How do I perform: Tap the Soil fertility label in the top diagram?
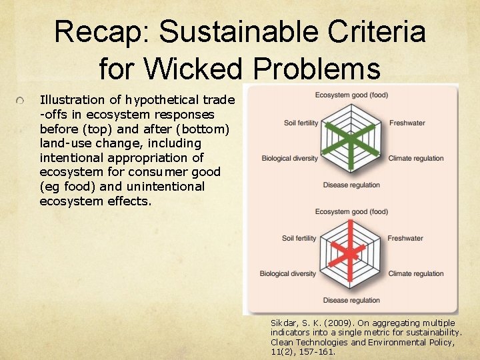pos(300,123)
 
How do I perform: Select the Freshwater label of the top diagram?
pos(407,123)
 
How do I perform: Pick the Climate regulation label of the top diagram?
pos(415,158)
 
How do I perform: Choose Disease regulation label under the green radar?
pos(351,185)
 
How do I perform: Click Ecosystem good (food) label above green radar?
pos(351,95)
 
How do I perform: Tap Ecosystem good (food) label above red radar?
pos(351,211)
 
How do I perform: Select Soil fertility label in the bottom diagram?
pos(300,238)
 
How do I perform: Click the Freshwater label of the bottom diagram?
pos(405,238)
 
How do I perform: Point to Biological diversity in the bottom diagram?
pos(288,273)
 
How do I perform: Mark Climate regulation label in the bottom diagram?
pos(415,273)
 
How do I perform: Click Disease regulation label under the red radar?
pos(351,300)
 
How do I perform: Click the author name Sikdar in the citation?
pos(285,322)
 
